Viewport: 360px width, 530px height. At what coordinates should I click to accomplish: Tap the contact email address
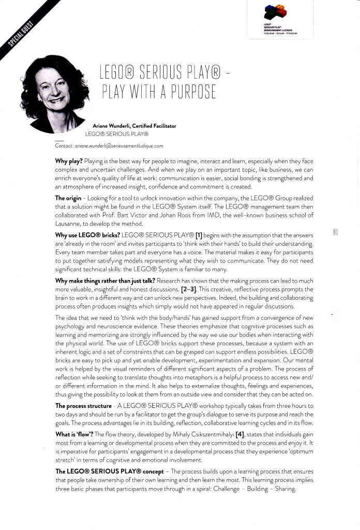coord(118,146)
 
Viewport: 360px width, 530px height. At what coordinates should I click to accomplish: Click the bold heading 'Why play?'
coord(69,161)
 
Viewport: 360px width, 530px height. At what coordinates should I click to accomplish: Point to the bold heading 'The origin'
coord(70,198)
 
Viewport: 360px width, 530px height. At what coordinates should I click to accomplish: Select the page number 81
coord(336,233)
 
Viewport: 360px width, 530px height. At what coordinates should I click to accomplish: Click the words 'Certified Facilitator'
coord(155,126)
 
